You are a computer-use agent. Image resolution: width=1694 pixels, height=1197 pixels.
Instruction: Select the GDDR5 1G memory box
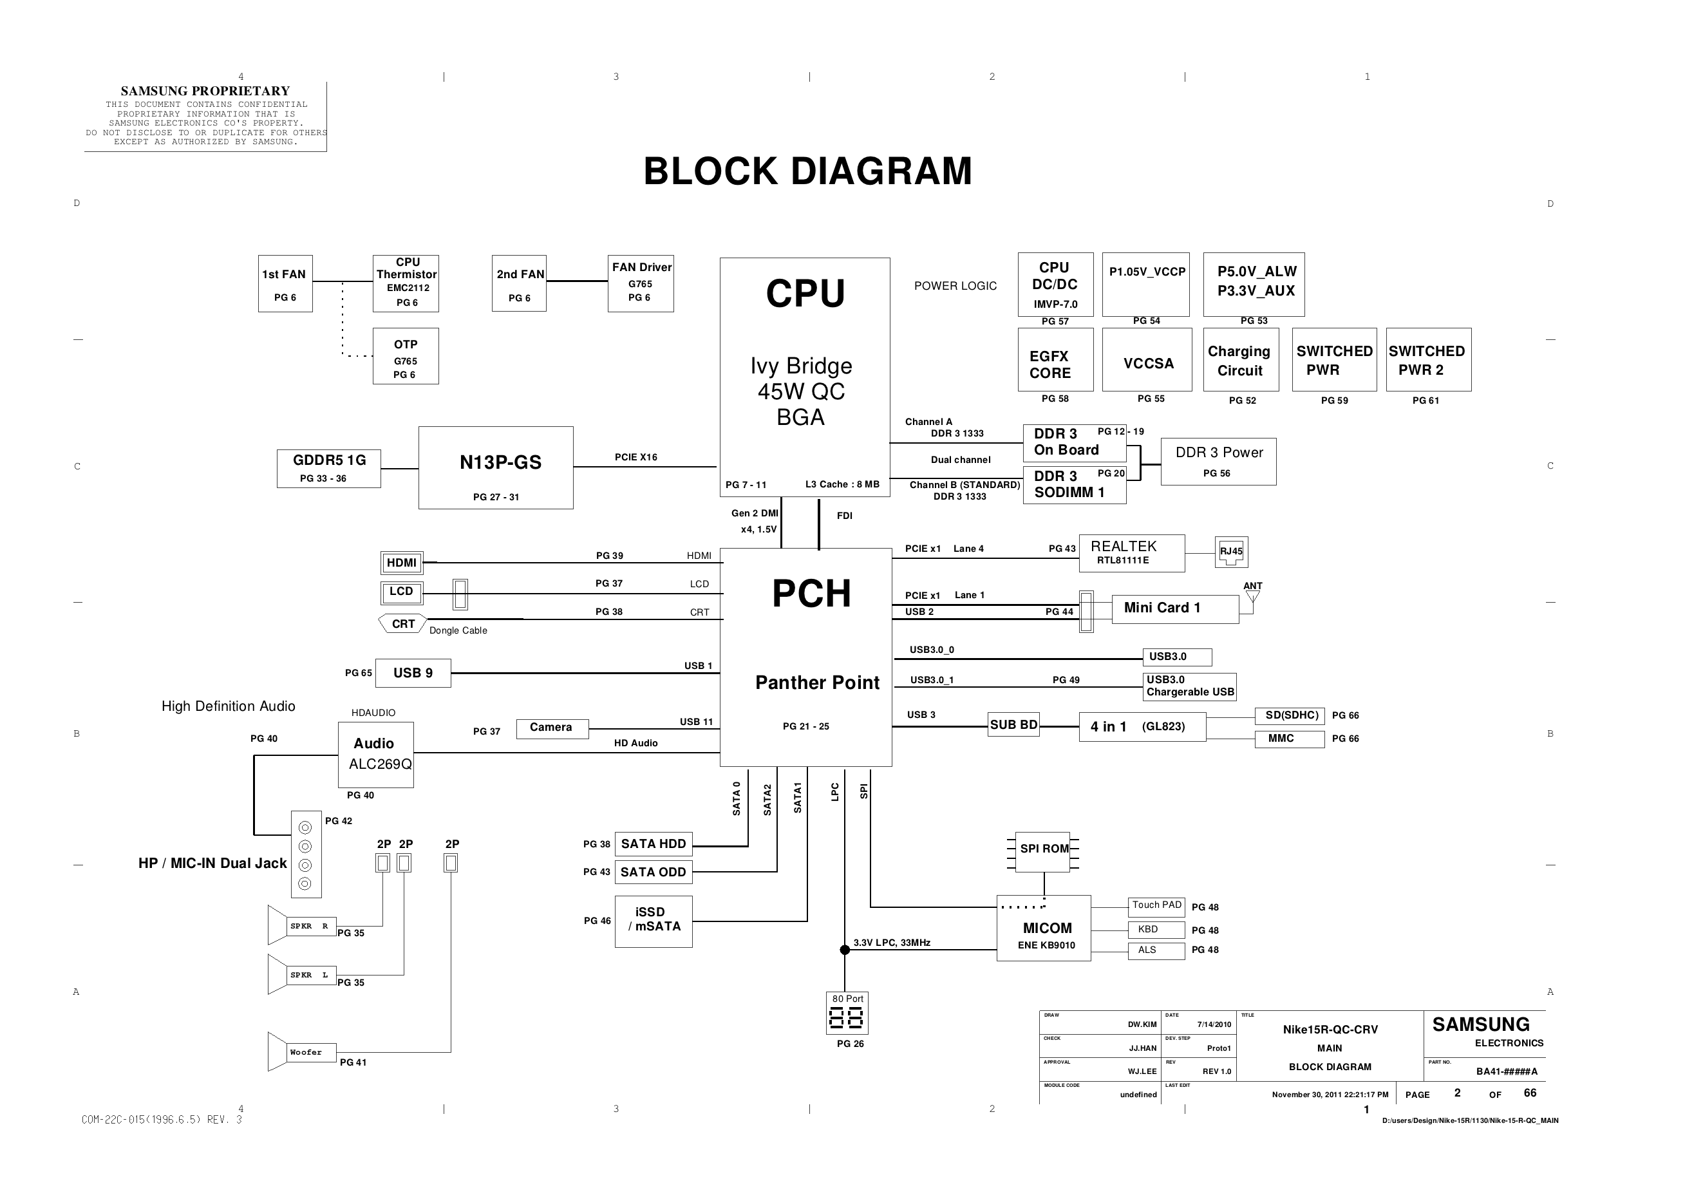[328, 468]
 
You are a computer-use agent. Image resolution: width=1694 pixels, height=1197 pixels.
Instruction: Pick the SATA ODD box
[653, 872]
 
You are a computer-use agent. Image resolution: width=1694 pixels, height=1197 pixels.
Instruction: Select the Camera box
[551, 728]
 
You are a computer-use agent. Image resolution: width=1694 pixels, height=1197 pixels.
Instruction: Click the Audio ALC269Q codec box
[375, 754]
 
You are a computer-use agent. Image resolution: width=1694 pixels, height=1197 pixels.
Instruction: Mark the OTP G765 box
[405, 357]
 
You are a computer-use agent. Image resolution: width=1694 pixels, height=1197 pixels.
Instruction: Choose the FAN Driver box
[641, 283]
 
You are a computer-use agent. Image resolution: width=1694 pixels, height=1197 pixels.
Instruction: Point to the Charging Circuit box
[1240, 360]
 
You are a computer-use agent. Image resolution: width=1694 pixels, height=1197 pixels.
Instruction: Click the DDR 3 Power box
[1218, 461]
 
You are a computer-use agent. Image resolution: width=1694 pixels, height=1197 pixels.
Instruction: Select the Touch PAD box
[1156, 905]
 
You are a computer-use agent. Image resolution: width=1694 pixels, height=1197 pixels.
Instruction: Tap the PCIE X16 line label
[635, 458]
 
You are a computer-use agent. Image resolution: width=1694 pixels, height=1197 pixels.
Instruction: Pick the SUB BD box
[1013, 726]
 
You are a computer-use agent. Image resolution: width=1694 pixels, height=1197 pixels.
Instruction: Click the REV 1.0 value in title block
[1216, 1071]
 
